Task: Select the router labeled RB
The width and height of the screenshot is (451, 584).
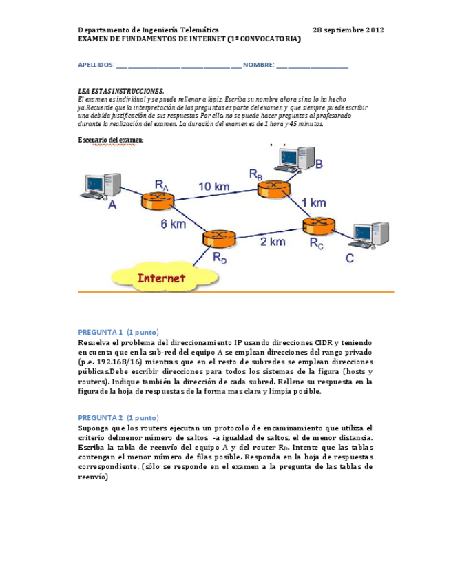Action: tap(273, 189)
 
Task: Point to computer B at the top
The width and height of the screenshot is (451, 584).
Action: tap(289, 158)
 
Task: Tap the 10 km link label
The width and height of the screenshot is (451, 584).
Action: tap(215, 185)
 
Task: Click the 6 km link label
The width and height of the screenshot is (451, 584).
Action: tap(174, 224)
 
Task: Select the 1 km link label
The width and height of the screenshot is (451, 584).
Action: tap(314, 202)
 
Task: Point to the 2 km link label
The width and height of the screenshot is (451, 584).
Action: tap(273, 242)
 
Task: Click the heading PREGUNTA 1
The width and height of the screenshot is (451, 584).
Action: tap(101, 331)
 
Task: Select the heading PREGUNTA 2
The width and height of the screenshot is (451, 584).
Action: tap(101, 417)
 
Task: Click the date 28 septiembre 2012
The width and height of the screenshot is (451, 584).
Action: tap(348, 30)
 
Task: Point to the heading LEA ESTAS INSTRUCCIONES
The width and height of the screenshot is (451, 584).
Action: tap(121, 91)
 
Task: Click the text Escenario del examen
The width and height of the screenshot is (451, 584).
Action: tap(111, 140)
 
